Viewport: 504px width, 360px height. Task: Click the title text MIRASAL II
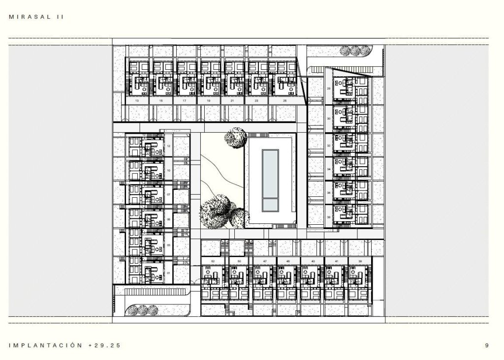[x=36, y=17]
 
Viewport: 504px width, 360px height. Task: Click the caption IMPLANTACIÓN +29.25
[x=64, y=346]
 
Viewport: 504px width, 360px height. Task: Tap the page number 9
[x=487, y=346]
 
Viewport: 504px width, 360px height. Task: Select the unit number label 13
[x=136, y=100]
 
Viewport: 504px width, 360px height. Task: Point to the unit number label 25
[x=285, y=100]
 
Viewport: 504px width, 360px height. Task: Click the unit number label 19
[x=209, y=100]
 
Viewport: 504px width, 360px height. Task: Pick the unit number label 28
[x=329, y=89]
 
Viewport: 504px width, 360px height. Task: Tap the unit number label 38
[x=329, y=217]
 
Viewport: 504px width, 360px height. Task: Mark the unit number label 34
[x=329, y=169]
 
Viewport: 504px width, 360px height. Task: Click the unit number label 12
[x=169, y=147]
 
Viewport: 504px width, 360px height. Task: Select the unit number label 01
[x=169, y=273]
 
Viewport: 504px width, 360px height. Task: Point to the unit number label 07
[x=169, y=194]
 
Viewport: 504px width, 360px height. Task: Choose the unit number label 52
[x=213, y=261]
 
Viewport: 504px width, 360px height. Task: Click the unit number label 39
[x=360, y=261]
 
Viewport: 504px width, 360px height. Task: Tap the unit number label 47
[x=265, y=261]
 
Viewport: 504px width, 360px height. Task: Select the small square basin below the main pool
[x=270, y=204]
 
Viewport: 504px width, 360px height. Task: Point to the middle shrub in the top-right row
[x=354, y=50]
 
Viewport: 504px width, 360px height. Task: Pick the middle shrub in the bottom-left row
[x=143, y=310]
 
